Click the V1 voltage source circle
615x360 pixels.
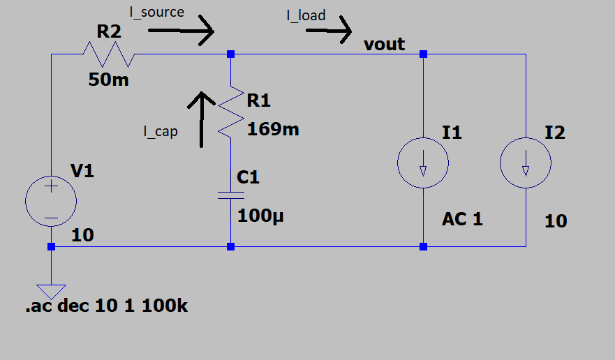[x=51, y=200]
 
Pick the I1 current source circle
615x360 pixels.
[x=423, y=164]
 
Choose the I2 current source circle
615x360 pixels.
[x=526, y=164]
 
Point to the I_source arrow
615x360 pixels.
[x=180, y=31]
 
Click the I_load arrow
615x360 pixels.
[x=327, y=31]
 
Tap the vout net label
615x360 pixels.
[x=384, y=45]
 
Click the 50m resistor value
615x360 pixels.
[x=108, y=80]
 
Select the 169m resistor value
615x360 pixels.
[x=273, y=128]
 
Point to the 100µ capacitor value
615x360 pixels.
[x=262, y=215]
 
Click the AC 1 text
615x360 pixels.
[x=462, y=219]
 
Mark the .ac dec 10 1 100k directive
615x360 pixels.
[x=107, y=306]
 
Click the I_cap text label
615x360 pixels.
[x=160, y=131]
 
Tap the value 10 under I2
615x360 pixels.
[x=556, y=222]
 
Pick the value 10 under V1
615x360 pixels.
[x=82, y=235]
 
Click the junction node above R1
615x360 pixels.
[x=231, y=54]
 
